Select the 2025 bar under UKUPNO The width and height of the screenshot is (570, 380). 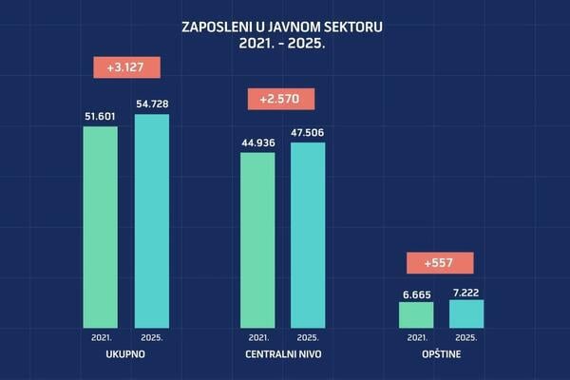(x=152, y=220)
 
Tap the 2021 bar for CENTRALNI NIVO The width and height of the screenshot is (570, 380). (x=257, y=239)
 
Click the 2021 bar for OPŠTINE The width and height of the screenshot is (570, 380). (x=416, y=314)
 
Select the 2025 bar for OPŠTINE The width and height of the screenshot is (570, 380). (x=466, y=313)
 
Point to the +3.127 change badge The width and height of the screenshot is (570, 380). (x=127, y=66)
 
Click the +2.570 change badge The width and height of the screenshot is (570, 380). (x=281, y=99)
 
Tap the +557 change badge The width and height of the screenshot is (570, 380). (x=439, y=262)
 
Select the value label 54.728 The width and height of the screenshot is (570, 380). (x=152, y=102)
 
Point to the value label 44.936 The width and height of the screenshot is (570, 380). (x=257, y=142)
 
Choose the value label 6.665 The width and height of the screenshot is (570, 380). (x=416, y=294)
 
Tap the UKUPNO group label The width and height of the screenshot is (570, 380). (x=126, y=353)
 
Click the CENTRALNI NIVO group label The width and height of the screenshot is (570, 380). (x=282, y=353)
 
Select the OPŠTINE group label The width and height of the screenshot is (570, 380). (x=441, y=353)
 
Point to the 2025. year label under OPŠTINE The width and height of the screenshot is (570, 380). (x=466, y=336)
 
